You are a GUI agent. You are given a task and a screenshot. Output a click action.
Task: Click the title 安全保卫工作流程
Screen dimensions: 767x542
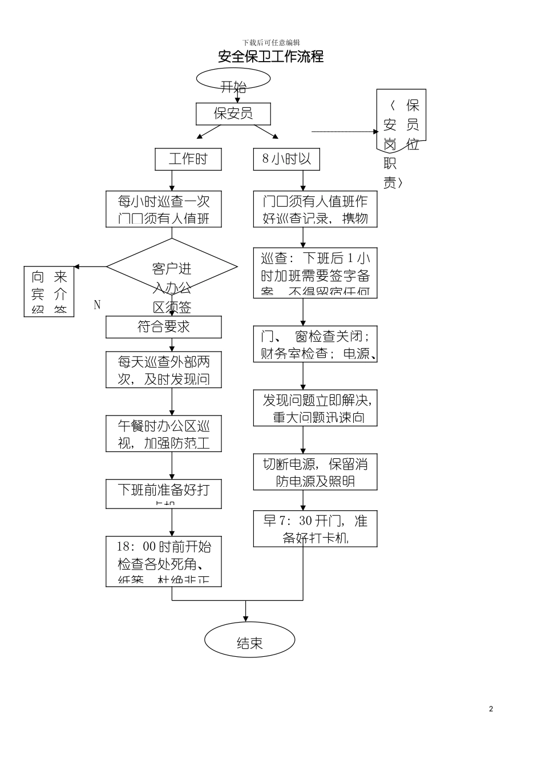(271, 56)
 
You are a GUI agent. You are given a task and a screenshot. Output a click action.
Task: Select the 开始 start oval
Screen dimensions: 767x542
(233, 80)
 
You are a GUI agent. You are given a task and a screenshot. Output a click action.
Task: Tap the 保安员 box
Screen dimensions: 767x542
(233, 114)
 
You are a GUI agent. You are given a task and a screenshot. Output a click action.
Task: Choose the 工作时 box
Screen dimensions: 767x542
(188, 159)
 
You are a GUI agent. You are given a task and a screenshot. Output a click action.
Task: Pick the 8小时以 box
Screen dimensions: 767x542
(286, 159)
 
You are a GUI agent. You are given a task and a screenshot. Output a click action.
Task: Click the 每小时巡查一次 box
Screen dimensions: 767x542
(164, 209)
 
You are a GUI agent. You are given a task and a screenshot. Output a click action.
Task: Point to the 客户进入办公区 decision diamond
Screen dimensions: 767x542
(172, 267)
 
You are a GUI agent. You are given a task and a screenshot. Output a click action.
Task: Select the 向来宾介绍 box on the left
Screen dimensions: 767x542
(49, 291)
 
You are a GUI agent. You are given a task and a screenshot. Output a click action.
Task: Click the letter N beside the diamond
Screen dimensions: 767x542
(97, 305)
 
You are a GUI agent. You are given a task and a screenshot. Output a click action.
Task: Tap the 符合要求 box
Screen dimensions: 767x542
(164, 327)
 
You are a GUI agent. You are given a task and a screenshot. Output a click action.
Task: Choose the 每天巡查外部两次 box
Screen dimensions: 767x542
(164, 370)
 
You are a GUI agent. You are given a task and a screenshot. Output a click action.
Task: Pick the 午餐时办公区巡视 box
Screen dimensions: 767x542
(164, 434)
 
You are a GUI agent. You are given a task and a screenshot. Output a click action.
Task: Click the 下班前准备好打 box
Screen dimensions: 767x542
(164, 494)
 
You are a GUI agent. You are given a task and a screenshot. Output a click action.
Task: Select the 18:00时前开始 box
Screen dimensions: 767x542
(164, 561)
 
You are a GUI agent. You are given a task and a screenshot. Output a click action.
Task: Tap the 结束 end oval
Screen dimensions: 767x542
(249, 643)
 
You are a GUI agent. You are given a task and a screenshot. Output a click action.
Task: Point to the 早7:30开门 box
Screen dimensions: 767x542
(315, 528)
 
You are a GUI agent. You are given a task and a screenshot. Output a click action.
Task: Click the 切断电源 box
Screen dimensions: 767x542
(315, 472)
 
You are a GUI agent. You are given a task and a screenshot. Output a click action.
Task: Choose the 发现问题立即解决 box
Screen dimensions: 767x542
(315, 408)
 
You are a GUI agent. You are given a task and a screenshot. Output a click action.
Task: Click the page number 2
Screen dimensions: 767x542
(491, 709)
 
